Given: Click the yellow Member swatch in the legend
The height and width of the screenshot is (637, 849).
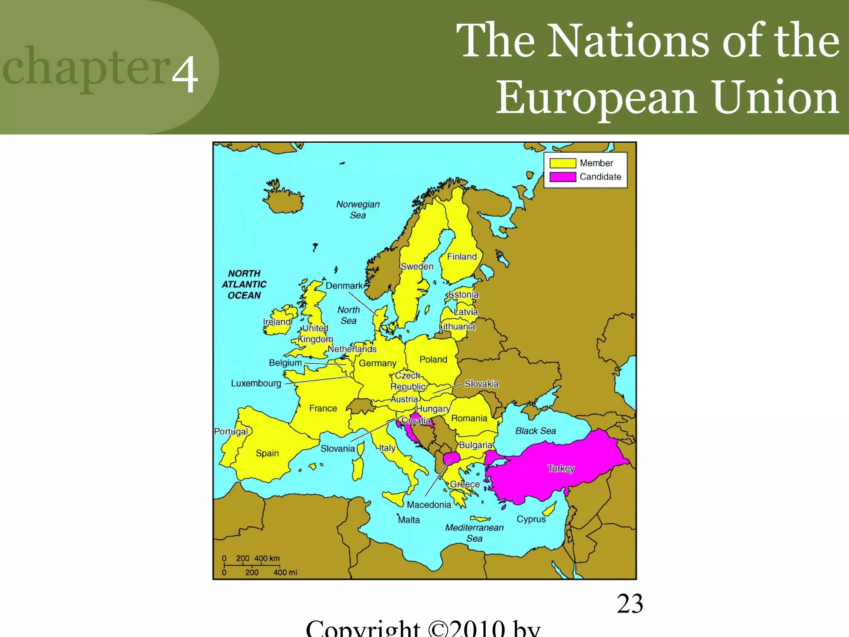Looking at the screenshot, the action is (563, 163).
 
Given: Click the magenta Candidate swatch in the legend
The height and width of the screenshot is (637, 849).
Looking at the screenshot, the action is (563, 177).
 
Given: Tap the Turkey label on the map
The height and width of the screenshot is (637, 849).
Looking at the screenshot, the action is (561, 469).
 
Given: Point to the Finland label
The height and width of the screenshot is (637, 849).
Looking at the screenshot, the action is (462, 257).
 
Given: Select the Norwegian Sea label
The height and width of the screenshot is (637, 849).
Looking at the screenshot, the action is (358, 209).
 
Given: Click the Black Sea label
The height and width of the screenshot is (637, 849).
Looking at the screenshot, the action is (536, 431).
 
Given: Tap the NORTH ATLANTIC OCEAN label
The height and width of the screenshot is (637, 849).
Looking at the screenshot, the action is (244, 284).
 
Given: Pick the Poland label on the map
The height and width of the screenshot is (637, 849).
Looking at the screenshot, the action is (433, 360).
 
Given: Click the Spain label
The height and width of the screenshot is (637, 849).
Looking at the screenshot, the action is (267, 453).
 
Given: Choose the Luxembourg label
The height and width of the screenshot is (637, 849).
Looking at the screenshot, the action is (256, 383).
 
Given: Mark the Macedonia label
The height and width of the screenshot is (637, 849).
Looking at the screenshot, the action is (429, 505).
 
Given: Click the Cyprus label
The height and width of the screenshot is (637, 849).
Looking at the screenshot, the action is (531, 519).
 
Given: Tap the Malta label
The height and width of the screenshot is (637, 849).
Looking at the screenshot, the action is (409, 520).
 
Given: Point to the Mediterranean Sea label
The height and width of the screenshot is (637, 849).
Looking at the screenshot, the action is (474, 533).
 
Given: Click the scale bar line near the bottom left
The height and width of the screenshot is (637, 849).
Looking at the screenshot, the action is (252, 565).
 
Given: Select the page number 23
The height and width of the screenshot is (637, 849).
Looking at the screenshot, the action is (630, 604).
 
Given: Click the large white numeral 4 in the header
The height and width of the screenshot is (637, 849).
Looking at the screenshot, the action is (185, 74).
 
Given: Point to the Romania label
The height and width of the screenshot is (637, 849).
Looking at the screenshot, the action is (469, 418).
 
